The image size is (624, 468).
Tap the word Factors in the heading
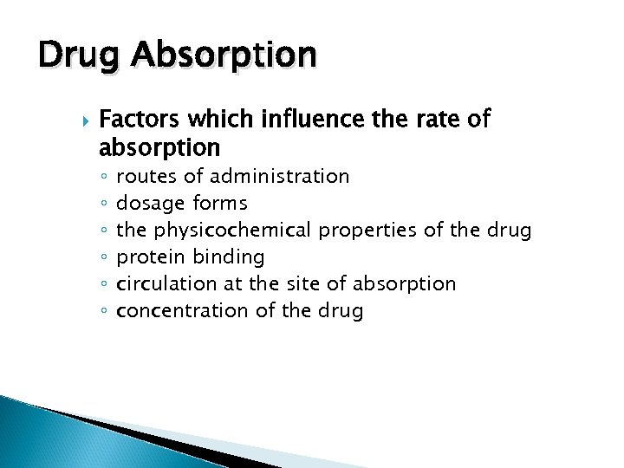138,119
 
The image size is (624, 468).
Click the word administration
279,177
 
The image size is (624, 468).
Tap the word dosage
150,205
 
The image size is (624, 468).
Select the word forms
219,204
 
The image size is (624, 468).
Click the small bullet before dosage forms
103,205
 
